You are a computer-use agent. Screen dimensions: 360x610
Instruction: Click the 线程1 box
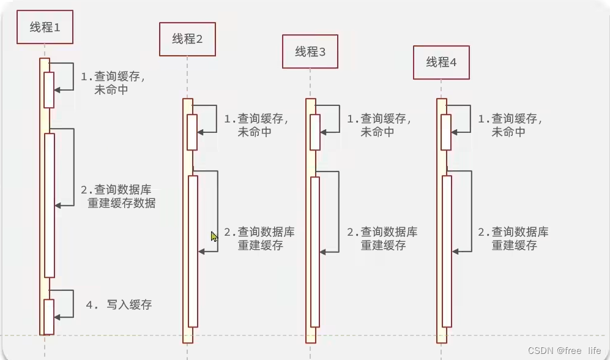pyautogui.click(x=45, y=28)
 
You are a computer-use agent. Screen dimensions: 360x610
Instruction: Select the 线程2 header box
pyautogui.click(x=187, y=39)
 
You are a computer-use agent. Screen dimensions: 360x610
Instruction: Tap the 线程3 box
pyautogui.click(x=310, y=51)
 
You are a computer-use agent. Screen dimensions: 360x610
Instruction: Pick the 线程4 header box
pyautogui.click(x=441, y=62)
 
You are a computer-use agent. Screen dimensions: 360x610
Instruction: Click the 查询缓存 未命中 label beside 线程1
pyautogui.click(x=113, y=83)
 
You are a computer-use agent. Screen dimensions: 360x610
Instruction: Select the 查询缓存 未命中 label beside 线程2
pyautogui.click(x=256, y=125)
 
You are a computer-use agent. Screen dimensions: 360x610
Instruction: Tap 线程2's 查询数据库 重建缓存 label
pyautogui.click(x=259, y=239)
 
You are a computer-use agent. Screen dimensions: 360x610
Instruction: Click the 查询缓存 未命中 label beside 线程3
pyautogui.click(x=379, y=125)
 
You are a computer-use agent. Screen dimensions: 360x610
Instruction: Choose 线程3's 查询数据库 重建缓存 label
pyautogui.click(x=382, y=239)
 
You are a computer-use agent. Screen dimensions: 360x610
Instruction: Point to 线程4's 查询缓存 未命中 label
pyautogui.click(x=510, y=125)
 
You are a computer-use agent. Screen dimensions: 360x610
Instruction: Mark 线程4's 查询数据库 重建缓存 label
pyautogui.click(x=513, y=239)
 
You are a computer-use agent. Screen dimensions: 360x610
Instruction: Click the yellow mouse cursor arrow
pyautogui.click(x=214, y=236)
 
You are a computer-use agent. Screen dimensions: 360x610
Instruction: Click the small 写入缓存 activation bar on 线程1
pyautogui.click(x=49, y=317)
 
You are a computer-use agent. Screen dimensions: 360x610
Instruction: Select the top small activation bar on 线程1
pyautogui.click(x=49, y=89)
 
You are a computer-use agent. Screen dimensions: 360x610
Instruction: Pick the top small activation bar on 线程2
pyautogui.click(x=192, y=132)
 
